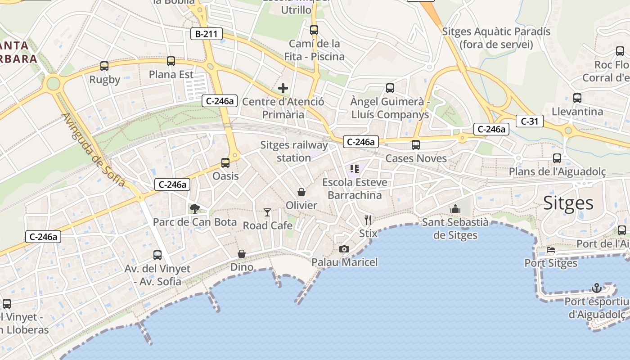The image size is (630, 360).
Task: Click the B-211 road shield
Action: (206, 34)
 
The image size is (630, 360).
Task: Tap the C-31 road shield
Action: (530, 121)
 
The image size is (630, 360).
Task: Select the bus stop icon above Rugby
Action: (104, 66)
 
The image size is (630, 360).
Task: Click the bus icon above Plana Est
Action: (171, 61)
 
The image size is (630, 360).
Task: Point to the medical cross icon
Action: (283, 88)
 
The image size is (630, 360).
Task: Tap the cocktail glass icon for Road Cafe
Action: (268, 212)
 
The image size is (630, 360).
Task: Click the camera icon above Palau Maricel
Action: (344, 249)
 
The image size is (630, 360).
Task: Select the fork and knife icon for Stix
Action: (368, 220)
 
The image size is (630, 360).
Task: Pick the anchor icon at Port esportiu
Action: (597, 288)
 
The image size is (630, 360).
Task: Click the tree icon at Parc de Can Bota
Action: (195, 208)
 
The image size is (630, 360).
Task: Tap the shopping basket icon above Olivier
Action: (301, 192)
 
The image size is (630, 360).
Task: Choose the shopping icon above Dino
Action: (242, 254)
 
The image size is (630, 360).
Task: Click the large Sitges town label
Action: (568, 203)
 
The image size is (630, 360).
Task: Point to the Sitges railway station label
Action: (294, 152)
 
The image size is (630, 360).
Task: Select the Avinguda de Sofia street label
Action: (93, 150)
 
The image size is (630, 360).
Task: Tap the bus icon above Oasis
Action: (225, 163)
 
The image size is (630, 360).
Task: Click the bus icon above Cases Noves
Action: (416, 145)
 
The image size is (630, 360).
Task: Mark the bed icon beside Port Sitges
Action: (551, 250)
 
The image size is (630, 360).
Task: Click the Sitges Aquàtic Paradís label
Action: (496, 38)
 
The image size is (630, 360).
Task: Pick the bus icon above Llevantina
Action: (577, 98)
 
